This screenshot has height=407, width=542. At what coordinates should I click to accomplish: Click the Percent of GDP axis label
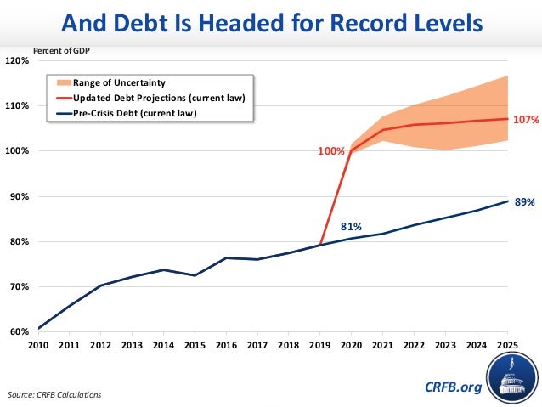(x=61, y=50)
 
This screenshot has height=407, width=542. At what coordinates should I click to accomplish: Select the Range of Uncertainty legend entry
(x=118, y=82)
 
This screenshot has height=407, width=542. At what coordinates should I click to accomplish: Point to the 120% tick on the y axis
(x=18, y=61)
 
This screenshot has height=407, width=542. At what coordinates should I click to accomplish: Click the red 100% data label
(x=331, y=151)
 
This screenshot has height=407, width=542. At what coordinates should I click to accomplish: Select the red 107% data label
(x=527, y=121)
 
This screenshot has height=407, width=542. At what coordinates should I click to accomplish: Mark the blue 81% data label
(x=352, y=227)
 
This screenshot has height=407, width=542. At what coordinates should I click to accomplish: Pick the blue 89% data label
(x=524, y=202)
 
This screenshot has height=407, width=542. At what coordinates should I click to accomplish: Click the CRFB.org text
(x=453, y=387)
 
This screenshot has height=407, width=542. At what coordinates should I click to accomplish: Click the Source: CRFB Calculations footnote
(x=54, y=395)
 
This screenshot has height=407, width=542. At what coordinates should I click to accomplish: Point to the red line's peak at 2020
(x=351, y=151)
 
